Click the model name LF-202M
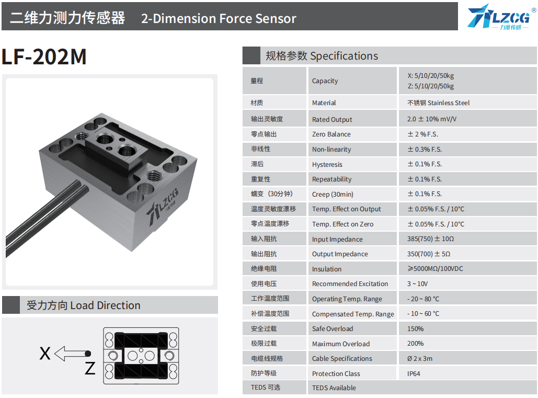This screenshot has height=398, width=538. click(x=44, y=56)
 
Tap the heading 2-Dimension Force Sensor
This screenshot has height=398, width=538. click(x=219, y=18)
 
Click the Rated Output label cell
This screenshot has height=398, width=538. click(x=332, y=119)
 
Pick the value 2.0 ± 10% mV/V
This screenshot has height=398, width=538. click(x=432, y=119)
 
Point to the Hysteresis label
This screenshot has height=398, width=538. click(x=327, y=164)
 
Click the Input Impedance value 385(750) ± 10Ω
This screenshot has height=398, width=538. click(x=430, y=239)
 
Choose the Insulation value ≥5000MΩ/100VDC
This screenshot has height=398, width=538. click(x=435, y=269)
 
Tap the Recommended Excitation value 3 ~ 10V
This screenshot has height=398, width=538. click(x=417, y=284)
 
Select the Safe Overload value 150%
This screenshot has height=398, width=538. click(x=415, y=328)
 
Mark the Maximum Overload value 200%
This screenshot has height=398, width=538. click(x=415, y=344)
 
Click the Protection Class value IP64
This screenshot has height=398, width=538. click(x=414, y=373)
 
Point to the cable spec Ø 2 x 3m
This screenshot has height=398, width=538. click(x=420, y=359)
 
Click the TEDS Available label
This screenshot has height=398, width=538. click(x=334, y=388)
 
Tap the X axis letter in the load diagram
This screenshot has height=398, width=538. click(x=45, y=354)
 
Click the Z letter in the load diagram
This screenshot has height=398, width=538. click(x=90, y=368)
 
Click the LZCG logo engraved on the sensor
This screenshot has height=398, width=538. click(x=163, y=207)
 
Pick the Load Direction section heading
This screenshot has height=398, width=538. click(x=83, y=305)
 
